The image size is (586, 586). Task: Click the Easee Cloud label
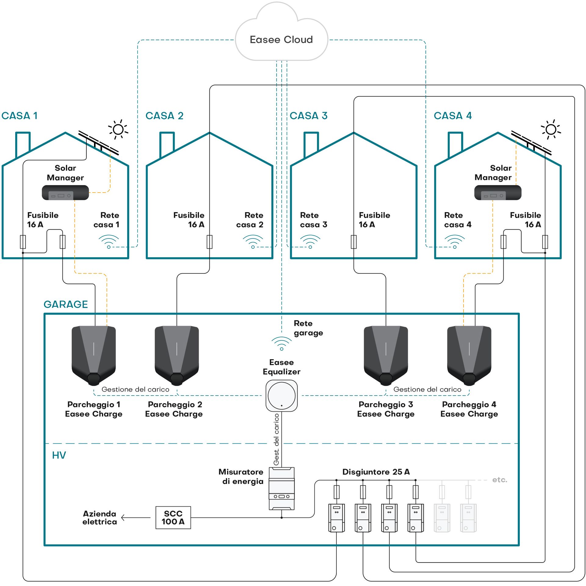pos(281,40)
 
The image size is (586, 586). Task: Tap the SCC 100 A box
pos(173,517)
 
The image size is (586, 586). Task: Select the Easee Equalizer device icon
pos(281,396)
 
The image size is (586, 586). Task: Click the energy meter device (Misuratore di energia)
pos(281,488)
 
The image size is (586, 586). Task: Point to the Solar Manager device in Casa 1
pos(65,193)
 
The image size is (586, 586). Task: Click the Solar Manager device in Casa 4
pos(497,193)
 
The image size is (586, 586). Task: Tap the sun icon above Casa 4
pos(551,129)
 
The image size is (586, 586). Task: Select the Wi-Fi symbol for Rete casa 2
pos(253,241)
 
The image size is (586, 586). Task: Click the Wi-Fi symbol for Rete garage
pos(281,343)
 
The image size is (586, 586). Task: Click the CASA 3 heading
pos(308,116)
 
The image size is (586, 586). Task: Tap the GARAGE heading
pos(66,304)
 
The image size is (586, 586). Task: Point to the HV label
pos(59,455)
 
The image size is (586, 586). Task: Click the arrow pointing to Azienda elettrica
pos(136,518)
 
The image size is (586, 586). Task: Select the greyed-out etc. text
pos(499,480)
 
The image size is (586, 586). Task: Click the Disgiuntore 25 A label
pos(376,472)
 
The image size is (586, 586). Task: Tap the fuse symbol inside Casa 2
pos(209,242)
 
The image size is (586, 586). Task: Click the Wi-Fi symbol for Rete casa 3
pos(310,241)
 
